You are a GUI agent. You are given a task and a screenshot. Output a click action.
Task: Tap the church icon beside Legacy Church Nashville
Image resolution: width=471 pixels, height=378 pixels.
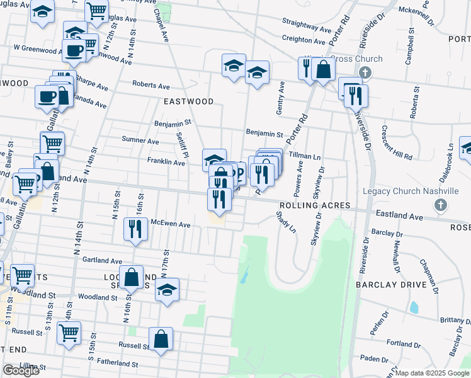coord(441,205)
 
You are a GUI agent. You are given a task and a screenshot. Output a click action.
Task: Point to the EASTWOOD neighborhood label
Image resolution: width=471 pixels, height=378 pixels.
coord(188,101)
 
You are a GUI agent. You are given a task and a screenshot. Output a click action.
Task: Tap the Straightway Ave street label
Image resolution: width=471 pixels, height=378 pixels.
coord(307,30)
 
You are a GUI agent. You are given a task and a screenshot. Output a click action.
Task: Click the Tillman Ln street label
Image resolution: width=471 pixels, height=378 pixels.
coord(305,154)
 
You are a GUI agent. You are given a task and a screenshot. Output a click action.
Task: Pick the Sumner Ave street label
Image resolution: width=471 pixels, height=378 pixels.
coord(144,142)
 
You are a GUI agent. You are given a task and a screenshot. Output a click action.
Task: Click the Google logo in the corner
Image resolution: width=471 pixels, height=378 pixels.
coord(21,370)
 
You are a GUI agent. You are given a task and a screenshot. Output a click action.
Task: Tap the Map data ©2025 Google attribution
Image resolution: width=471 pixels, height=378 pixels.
coord(433,373)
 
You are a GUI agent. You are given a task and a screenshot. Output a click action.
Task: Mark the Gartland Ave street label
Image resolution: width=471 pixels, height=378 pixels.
coord(101,260)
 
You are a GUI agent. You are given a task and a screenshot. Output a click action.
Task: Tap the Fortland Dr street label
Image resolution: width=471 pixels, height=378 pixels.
coord(399,343)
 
